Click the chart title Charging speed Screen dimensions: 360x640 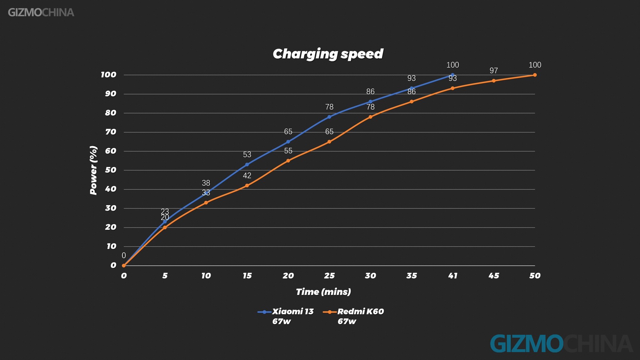click(x=328, y=54)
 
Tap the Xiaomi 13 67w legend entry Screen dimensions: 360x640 click(x=286, y=316)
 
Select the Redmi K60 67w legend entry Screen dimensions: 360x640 click(x=353, y=316)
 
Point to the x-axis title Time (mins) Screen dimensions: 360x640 click(x=323, y=292)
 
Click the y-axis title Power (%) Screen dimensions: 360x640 click(x=94, y=170)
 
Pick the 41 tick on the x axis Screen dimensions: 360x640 click(x=452, y=276)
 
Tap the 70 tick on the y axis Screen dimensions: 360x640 click(x=111, y=132)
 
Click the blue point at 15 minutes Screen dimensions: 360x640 click(x=247, y=165)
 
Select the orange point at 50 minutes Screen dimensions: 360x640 click(x=535, y=75)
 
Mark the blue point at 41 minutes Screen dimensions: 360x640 click(x=452, y=75)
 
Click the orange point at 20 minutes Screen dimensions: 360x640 click(x=288, y=161)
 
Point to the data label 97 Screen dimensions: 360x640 click(x=493, y=71)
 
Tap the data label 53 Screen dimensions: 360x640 click(x=247, y=155)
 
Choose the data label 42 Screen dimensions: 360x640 click(x=247, y=176)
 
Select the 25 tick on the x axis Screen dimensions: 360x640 click(x=329, y=276)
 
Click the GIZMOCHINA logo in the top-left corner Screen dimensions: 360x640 click(x=41, y=13)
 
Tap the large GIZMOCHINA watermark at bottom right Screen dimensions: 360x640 click(x=561, y=343)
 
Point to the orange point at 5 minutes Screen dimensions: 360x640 click(x=165, y=228)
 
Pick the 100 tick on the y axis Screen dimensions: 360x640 click(x=109, y=75)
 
